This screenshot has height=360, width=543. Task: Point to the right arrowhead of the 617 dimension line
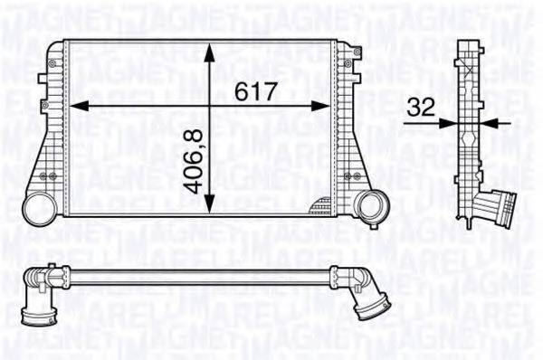328,105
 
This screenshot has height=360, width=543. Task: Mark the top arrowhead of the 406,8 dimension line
211,47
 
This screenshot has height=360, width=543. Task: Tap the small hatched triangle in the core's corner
321,208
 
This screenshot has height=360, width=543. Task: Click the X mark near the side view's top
470,56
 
